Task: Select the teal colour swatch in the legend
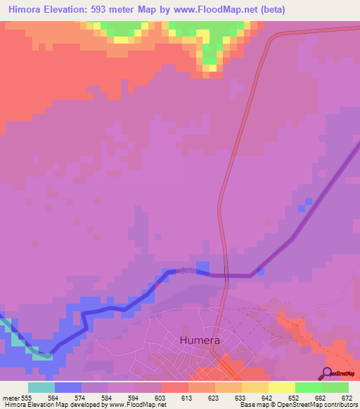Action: pyautogui.click(x=41, y=387)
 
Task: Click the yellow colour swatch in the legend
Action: pyautogui.click(x=281, y=387)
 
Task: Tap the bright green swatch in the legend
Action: pyautogui.click(x=308, y=387)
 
